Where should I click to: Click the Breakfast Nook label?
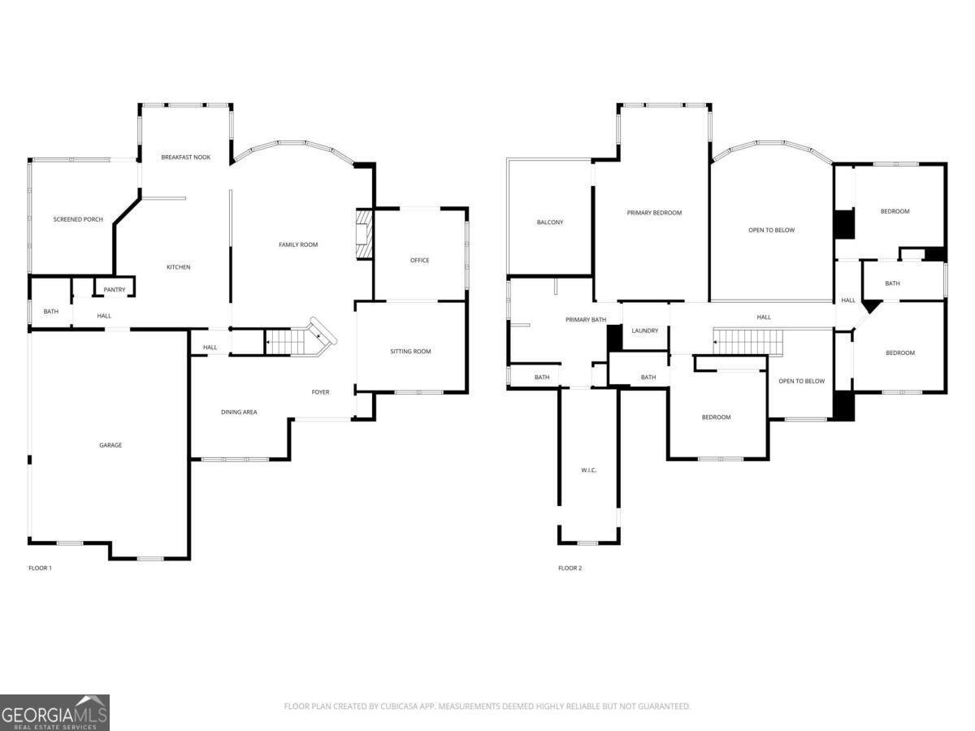pos(185,157)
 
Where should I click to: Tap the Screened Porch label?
pos(78,219)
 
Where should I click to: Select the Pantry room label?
pos(114,289)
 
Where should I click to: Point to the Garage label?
pos(110,445)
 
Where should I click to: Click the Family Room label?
pos(298,244)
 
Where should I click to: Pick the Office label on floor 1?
pos(419,260)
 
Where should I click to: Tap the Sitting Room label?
pos(410,352)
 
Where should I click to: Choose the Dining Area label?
pos(239,413)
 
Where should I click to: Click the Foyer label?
pos(321,392)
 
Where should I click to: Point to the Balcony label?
pos(550,223)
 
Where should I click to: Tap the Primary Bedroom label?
pos(654,213)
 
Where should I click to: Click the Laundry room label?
pos(644,331)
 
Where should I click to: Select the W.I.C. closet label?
pos(589,470)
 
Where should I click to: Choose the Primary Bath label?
pos(586,320)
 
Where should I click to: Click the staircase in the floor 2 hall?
pos(747,342)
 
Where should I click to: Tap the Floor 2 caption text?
pos(570,568)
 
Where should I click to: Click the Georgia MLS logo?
pos(54,712)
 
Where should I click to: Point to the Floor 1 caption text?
pos(40,568)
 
